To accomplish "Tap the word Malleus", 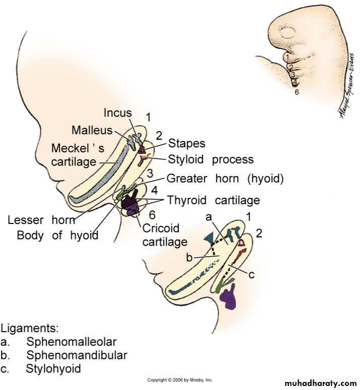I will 92,130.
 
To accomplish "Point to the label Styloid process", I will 210,160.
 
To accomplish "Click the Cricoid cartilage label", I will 165,235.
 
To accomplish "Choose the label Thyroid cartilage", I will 213,200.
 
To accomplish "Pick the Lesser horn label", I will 41,220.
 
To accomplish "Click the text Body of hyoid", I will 57,235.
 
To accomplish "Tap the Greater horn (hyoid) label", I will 225,178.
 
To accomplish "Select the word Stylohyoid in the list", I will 53,368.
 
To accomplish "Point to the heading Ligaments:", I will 30,329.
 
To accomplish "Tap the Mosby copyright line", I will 180,379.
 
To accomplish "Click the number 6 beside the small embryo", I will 297,92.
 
